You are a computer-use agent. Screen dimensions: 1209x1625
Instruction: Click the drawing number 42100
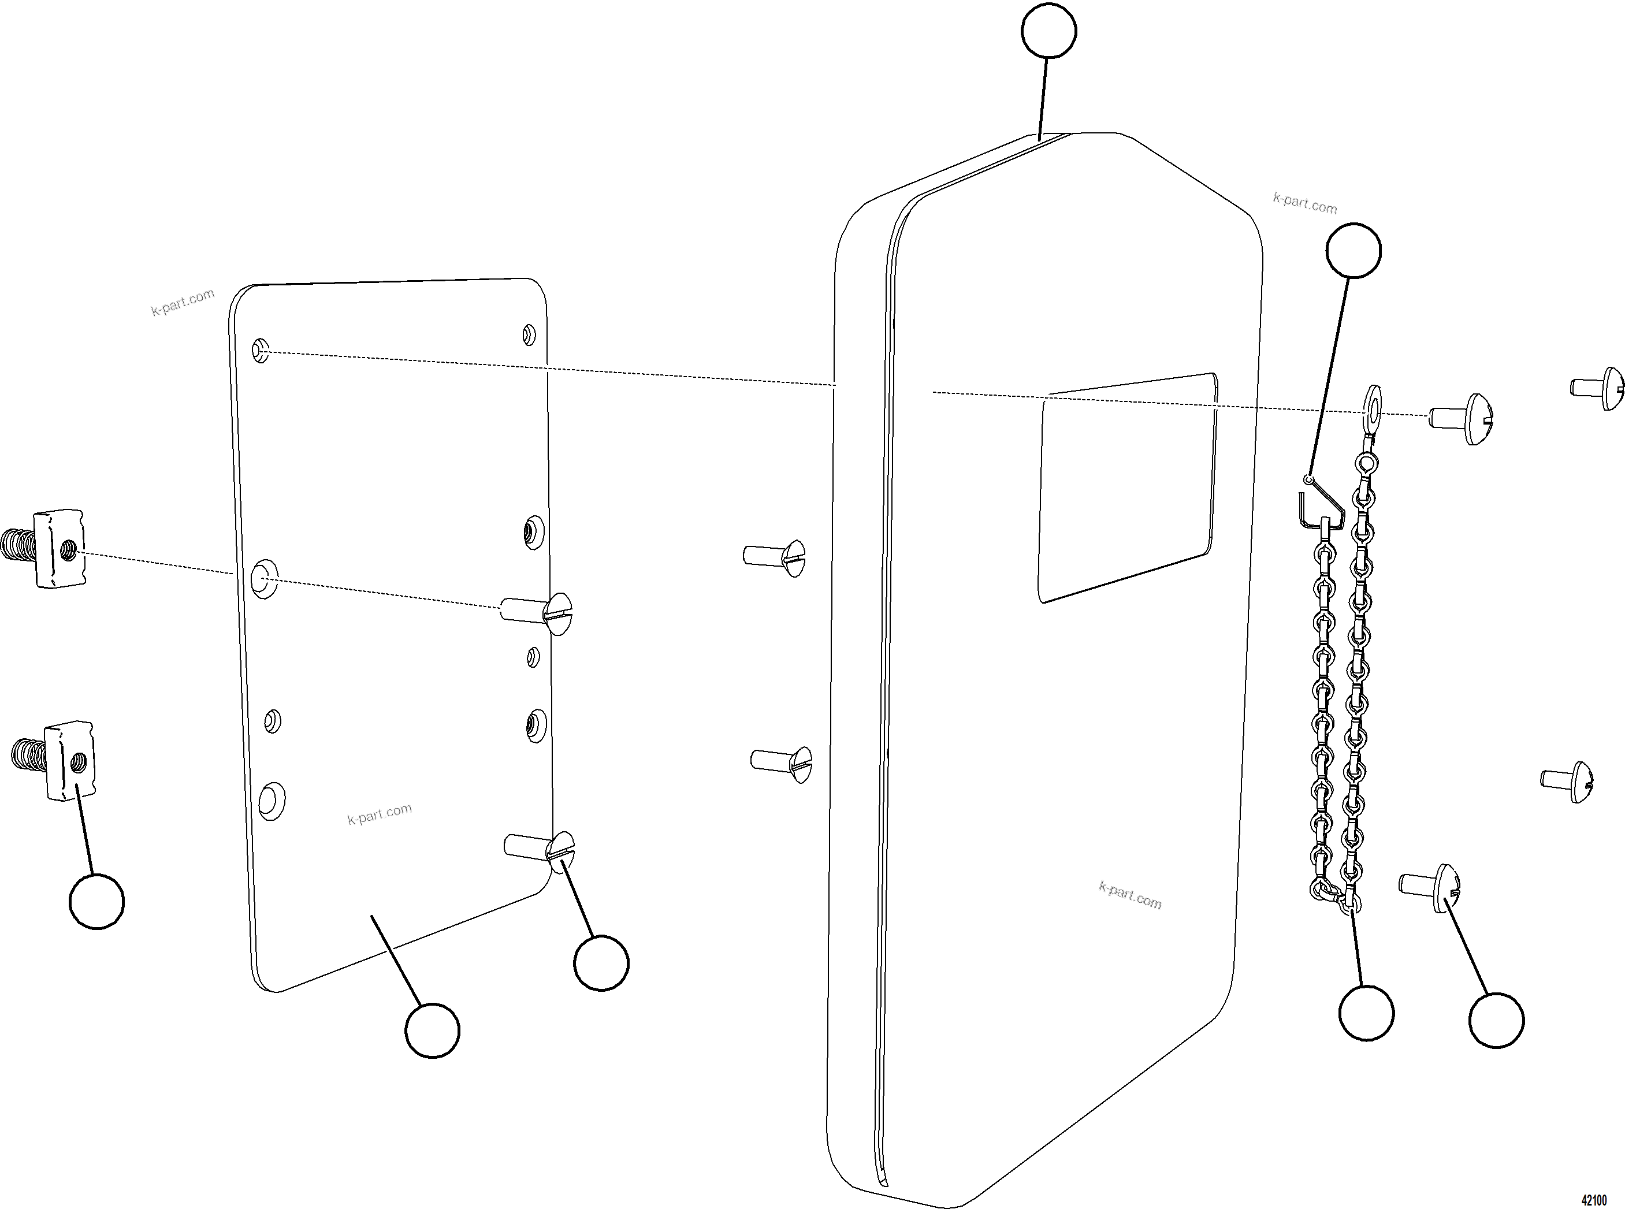pos(1594,1200)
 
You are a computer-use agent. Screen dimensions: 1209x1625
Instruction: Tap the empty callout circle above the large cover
pos(1048,31)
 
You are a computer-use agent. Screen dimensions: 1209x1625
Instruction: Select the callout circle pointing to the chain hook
pos(1353,250)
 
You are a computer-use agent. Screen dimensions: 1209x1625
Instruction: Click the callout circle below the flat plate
pos(432,1030)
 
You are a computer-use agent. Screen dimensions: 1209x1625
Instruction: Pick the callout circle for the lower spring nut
pos(96,901)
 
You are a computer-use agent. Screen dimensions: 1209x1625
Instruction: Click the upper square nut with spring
pos(51,549)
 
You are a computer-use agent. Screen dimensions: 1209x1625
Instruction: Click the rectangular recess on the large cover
pos(1127,487)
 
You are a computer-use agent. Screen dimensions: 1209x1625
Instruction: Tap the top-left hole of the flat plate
pos(261,350)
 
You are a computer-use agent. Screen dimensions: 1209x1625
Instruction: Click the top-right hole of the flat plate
pos(529,335)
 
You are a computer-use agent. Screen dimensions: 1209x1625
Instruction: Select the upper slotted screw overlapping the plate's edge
pos(538,612)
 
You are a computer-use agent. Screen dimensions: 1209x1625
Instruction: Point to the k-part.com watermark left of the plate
pos(183,302)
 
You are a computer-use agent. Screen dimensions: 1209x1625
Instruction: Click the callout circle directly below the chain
pos(1366,1013)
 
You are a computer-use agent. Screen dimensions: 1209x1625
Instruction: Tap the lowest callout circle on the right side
pos(1496,1020)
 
